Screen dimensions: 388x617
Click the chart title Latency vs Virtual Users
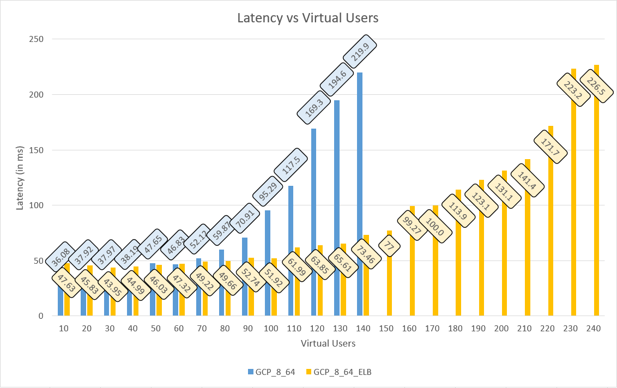308,18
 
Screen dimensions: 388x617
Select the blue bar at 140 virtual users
360,163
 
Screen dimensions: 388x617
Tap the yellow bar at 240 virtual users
596,218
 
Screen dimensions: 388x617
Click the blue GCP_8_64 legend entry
271,372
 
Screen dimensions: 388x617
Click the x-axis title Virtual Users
328,343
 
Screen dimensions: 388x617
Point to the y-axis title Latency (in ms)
20,177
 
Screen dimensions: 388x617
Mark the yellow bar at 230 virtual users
573,218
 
